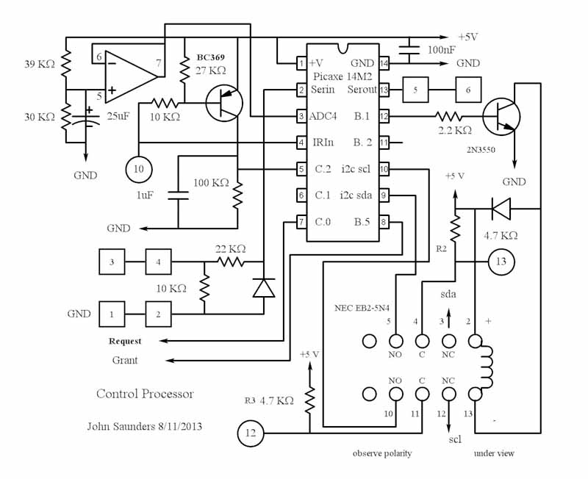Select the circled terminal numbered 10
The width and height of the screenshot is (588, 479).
(x=139, y=168)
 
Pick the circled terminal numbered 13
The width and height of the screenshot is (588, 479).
(x=501, y=261)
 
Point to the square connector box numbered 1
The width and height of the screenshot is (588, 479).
(x=112, y=314)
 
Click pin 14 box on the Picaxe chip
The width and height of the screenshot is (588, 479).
(x=384, y=63)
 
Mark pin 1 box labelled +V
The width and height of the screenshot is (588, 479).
(x=301, y=63)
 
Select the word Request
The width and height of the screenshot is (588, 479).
(x=125, y=342)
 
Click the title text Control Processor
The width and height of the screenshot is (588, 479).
(x=146, y=394)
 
